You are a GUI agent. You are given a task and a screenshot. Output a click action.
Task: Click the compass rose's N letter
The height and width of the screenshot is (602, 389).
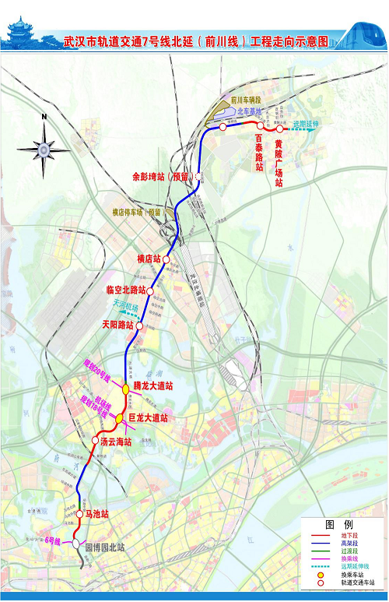(x=45, y=118)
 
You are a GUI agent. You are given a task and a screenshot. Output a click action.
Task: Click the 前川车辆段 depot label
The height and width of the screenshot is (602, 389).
(x=248, y=100)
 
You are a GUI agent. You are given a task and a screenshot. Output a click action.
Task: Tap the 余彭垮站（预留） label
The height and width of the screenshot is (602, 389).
(x=163, y=176)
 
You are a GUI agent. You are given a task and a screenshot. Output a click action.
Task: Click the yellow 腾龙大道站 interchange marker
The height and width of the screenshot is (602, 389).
(x=126, y=389)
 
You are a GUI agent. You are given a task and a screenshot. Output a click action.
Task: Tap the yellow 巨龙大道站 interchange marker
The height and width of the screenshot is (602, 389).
(x=120, y=419)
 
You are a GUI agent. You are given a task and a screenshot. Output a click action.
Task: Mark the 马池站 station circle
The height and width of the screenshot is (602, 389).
(x=79, y=514)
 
